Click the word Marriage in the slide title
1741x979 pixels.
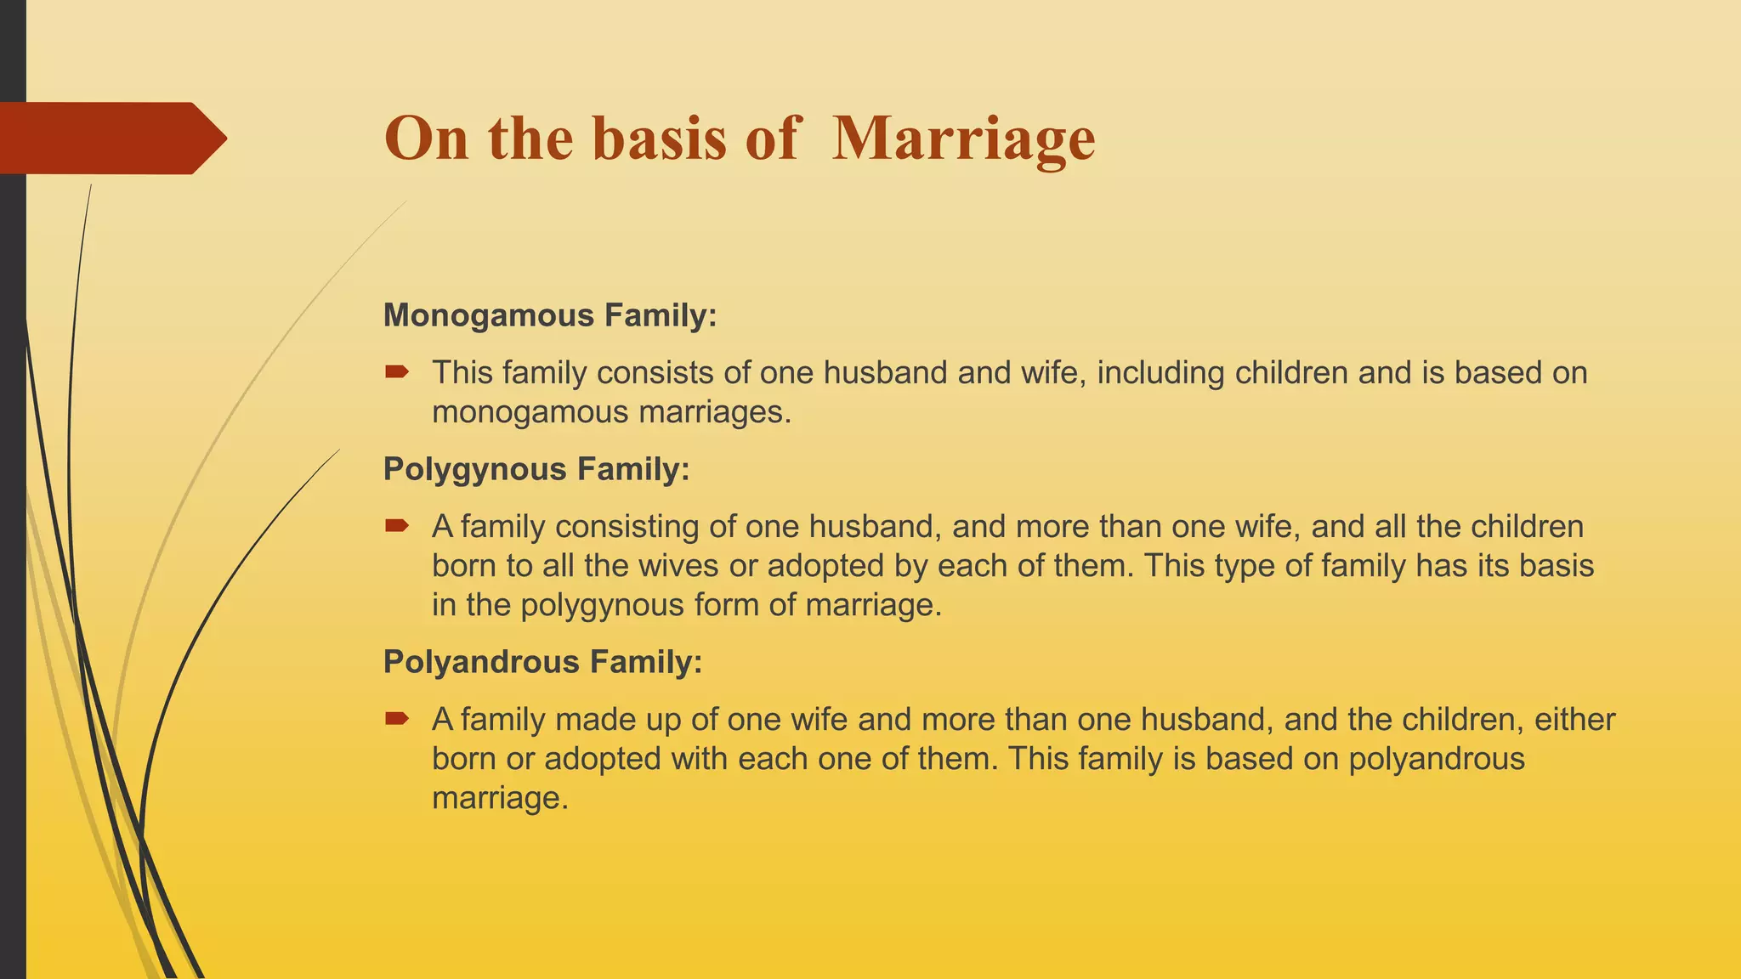click(963, 139)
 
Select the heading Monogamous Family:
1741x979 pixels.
click(550, 315)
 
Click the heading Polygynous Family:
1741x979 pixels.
click(536, 469)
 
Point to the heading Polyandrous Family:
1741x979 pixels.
click(543, 662)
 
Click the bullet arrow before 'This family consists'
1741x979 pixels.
click(397, 371)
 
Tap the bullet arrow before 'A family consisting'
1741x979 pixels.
click(397, 525)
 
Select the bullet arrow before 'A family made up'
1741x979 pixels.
click(397, 719)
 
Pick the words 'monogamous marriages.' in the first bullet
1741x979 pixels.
click(611, 412)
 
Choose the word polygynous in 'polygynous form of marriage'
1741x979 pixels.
click(602, 605)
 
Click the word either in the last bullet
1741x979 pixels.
click(1574, 720)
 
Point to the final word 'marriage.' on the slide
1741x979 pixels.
click(500, 798)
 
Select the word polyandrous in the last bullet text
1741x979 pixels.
click(1437, 759)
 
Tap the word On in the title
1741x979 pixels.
click(426, 139)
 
